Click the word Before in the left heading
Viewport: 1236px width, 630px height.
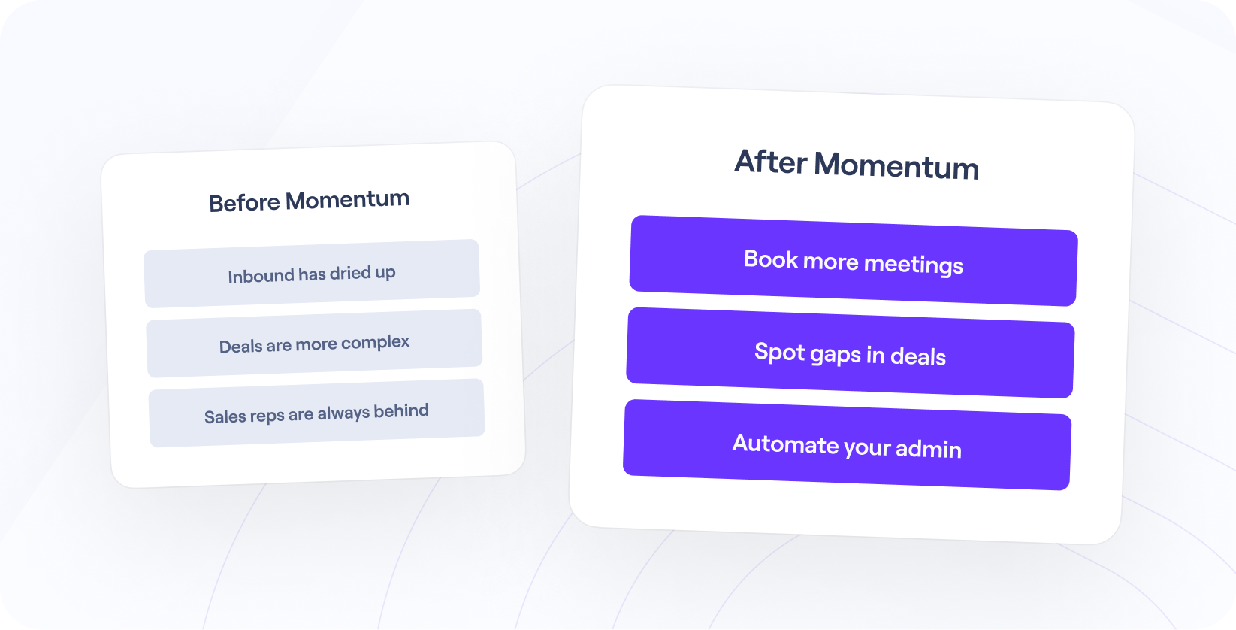coord(244,204)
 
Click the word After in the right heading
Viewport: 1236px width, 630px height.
coord(771,162)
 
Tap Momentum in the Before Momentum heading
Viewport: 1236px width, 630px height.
coord(347,200)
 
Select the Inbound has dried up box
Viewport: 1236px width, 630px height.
coord(312,274)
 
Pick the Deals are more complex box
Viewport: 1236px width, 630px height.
coord(314,344)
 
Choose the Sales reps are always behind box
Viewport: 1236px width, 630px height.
coord(316,413)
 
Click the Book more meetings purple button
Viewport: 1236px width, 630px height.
coord(853,261)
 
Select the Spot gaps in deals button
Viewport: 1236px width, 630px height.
coord(850,353)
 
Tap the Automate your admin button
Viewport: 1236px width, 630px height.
coord(847,446)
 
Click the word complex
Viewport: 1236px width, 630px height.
coord(375,343)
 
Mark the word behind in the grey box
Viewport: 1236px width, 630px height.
coord(400,411)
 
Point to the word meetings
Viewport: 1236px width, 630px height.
coord(913,265)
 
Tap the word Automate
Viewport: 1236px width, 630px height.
coord(785,444)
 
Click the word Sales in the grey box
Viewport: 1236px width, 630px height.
coord(225,416)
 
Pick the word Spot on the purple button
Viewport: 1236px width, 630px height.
coord(779,352)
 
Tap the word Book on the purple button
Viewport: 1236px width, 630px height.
coord(770,259)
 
